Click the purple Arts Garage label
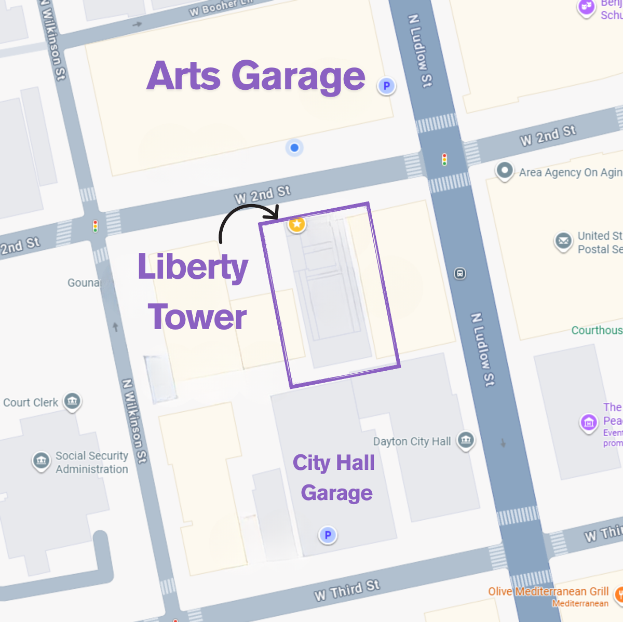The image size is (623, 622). pyautogui.click(x=256, y=76)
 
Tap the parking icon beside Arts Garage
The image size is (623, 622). pyautogui.click(x=386, y=86)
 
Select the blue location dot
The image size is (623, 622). pyautogui.click(x=294, y=148)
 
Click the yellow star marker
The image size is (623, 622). pyautogui.click(x=296, y=224)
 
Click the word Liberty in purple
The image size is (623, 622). pyautogui.click(x=193, y=267)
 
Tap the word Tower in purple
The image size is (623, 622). pyautogui.click(x=197, y=317)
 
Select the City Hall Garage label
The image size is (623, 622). pyautogui.click(x=335, y=477)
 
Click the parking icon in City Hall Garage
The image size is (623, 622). pyautogui.click(x=328, y=534)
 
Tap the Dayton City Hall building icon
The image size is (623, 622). pyautogui.click(x=466, y=440)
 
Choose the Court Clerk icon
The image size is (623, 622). pyautogui.click(x=72, y=401)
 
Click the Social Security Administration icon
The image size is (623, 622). pyautogui.click(x=42, y=461)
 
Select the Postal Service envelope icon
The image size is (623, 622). pyautogui.click(x=563, y=241)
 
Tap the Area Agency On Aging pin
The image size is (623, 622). pyautogui.click(x=504, y=170)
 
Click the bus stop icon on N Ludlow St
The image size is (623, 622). pyautogui.click(x=460, y=273)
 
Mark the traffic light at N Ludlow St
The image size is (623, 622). pyautogui.click(x=444, y=159)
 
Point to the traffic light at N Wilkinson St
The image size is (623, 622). pyautogui.click(x=95, y=226)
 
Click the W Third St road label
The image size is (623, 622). pyautogui.click(x=347, y=590)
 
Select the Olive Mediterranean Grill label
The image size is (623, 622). pyautogui.click(x=548, y=591)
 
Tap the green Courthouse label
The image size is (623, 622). pyautogui.click(x=597, y=330)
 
